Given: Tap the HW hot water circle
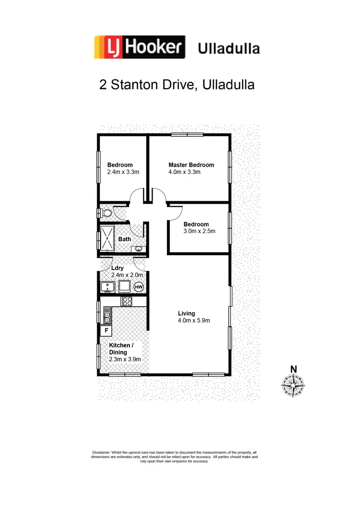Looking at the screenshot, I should coord(139,287).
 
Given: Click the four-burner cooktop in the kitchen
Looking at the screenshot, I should coord(127,301).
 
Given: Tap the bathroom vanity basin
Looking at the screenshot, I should coord(139,249).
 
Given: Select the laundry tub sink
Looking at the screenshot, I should coord(107,287).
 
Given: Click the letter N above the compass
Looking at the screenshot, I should coord(293,369).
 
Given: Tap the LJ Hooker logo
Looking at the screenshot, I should coord(140,47).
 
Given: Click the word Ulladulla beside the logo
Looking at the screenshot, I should coord(229,49).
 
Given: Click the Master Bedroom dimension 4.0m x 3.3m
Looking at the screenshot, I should coord(184,172).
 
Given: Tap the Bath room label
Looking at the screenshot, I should coord(125,239).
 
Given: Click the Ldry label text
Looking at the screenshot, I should coord(117,268).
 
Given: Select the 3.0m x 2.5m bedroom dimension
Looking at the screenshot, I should coord(199,231).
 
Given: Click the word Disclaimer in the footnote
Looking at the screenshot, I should coord(101,453).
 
